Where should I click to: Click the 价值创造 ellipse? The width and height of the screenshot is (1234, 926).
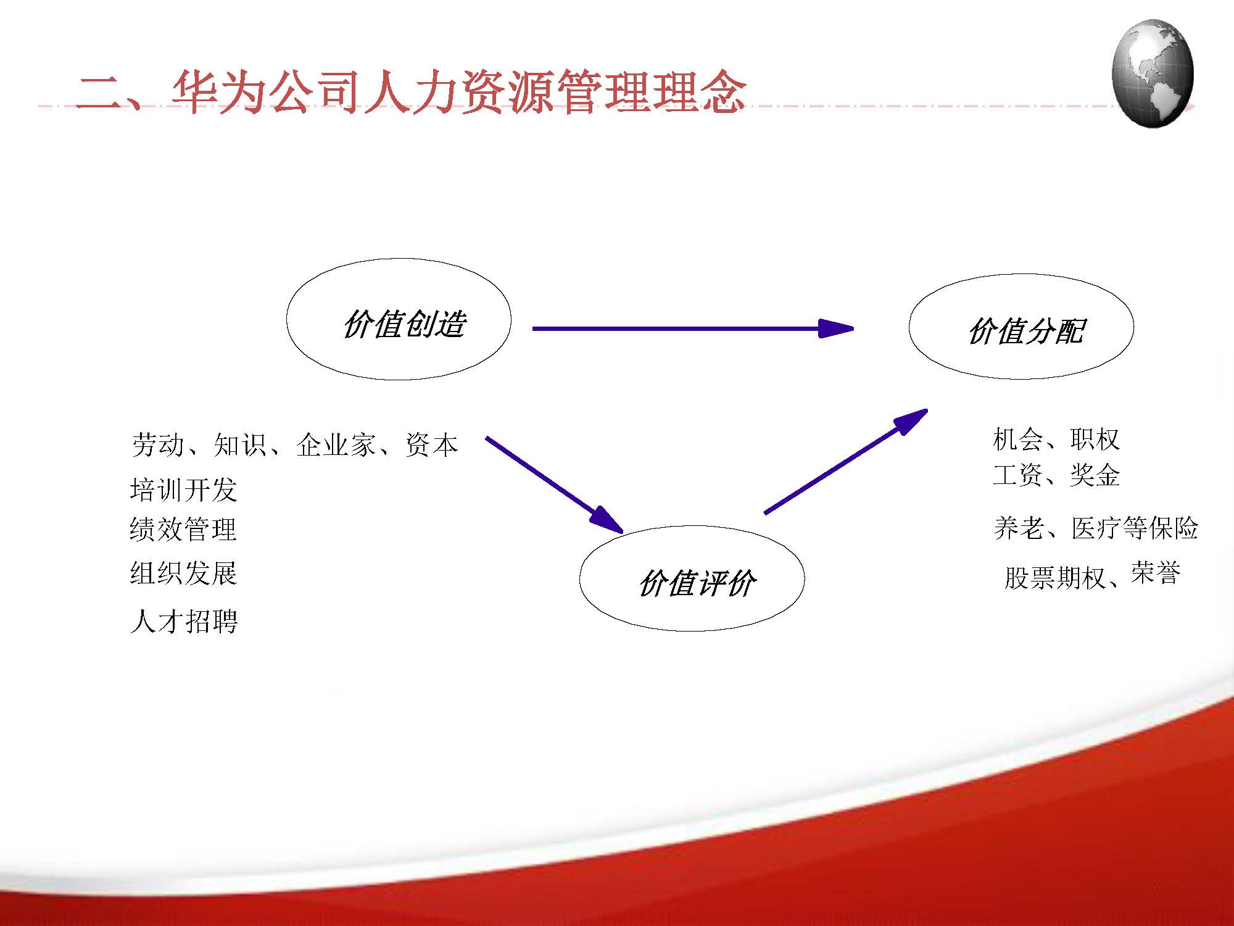(x=399, y=319)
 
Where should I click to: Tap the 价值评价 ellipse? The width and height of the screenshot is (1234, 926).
(x=692, y=578)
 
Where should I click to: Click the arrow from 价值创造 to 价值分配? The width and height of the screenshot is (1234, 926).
(x=691, y=328)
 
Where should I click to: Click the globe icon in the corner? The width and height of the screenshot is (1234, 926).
(x=1152, y=73)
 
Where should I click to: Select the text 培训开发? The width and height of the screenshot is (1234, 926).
(x=183, y=490)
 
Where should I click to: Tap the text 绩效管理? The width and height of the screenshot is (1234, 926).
(x=183, y=530)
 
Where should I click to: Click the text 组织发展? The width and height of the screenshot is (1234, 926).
(x=183, y=573)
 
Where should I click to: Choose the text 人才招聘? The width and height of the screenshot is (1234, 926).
(x=183, y=621)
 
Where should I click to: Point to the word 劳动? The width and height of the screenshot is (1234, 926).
(x=157, y=445)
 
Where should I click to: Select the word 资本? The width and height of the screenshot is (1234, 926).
(x=431, y=445)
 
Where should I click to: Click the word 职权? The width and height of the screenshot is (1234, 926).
(x=1095, y=440)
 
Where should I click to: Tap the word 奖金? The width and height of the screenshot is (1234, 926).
(x=1095, y=475)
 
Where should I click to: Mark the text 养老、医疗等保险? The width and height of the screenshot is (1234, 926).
(x=1095, y=528)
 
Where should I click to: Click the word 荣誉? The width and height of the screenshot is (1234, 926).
(x=1155, y=574)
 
